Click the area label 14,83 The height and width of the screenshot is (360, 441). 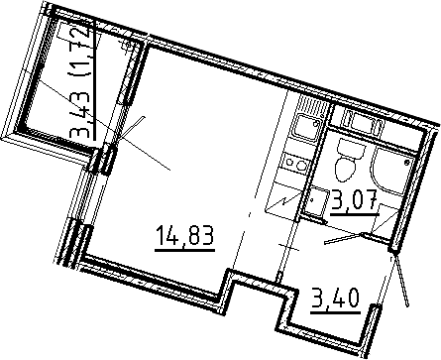(x=185, y=235)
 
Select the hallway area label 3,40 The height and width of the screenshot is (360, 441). (x=335, y=300)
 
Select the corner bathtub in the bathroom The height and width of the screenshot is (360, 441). (x=390, y=170)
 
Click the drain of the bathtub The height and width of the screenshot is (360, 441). (x=407, y=162)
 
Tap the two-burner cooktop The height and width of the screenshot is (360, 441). (x=295, y=163)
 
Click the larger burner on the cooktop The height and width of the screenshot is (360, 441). (x=300, y=166)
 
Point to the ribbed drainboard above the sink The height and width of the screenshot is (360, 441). (x=313, y=105)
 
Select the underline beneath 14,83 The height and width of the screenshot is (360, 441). (x=185, y=250)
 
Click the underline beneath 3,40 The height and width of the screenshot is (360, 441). (x=335, y=312)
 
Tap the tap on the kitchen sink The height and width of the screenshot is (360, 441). (x=316, y=123)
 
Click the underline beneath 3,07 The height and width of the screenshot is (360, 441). (x=355, y=214)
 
